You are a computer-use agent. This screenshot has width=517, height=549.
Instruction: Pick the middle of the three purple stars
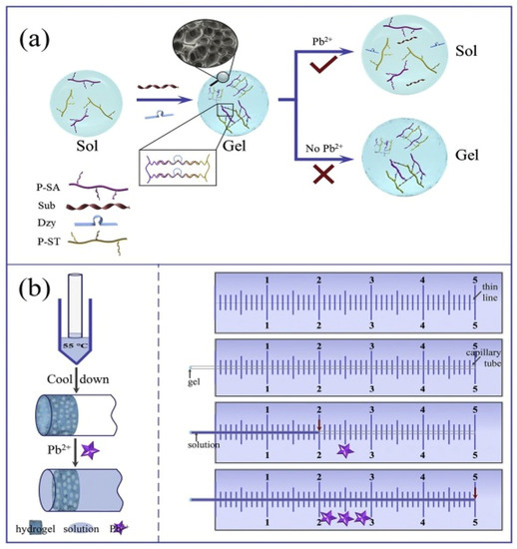[x=345, y=517]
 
